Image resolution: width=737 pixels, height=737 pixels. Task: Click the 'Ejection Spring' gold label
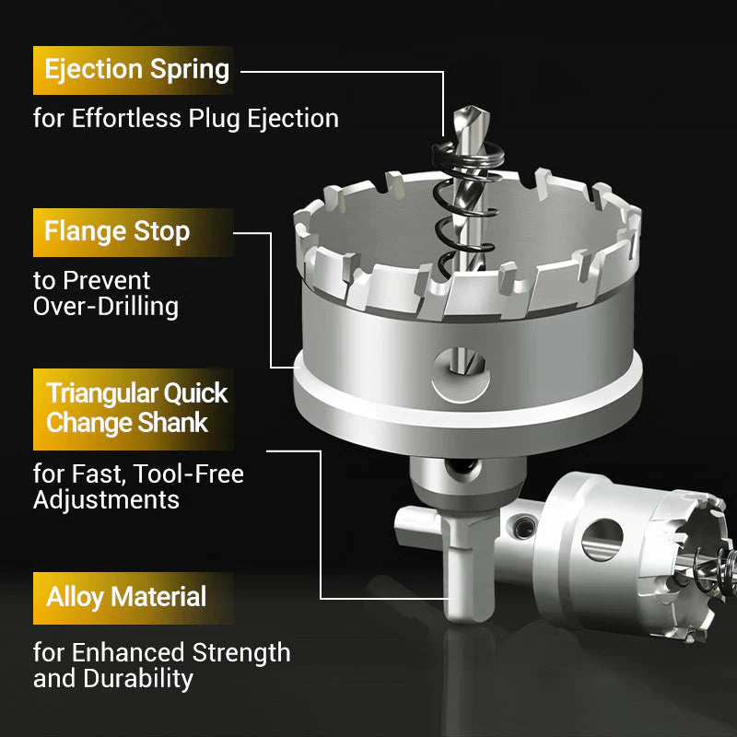coord(134,71)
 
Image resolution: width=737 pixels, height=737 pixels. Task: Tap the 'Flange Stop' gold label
coord(134,232)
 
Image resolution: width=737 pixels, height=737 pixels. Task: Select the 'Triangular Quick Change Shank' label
coord(134,409)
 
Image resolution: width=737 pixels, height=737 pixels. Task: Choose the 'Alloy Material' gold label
coord(134,598)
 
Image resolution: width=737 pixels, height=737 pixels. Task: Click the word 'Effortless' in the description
coord(126,118)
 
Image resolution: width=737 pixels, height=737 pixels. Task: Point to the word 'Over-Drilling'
coord(106,307)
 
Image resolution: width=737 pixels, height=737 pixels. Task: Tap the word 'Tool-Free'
coord(188,474)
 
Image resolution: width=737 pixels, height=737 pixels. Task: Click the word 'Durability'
coord(139,679)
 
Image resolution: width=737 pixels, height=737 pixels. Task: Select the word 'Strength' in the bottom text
coord(241,653)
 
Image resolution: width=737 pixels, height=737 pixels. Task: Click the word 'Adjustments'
coord(106,499)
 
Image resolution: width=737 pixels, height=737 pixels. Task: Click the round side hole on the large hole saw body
coord(461,375)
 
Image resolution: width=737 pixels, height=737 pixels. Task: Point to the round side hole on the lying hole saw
coord(602,540)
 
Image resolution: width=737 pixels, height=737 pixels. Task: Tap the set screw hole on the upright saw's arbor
coord(463,468)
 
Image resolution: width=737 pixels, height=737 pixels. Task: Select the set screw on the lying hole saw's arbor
coord(524,526)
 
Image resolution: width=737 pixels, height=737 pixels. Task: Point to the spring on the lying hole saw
coord(715,570)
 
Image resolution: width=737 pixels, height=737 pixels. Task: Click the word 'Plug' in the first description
coord(216,119)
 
